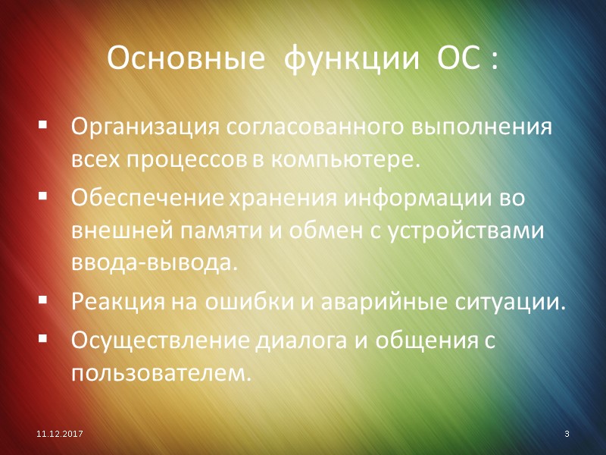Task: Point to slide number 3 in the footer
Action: [567, 433]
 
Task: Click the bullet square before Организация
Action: [42, 124]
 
